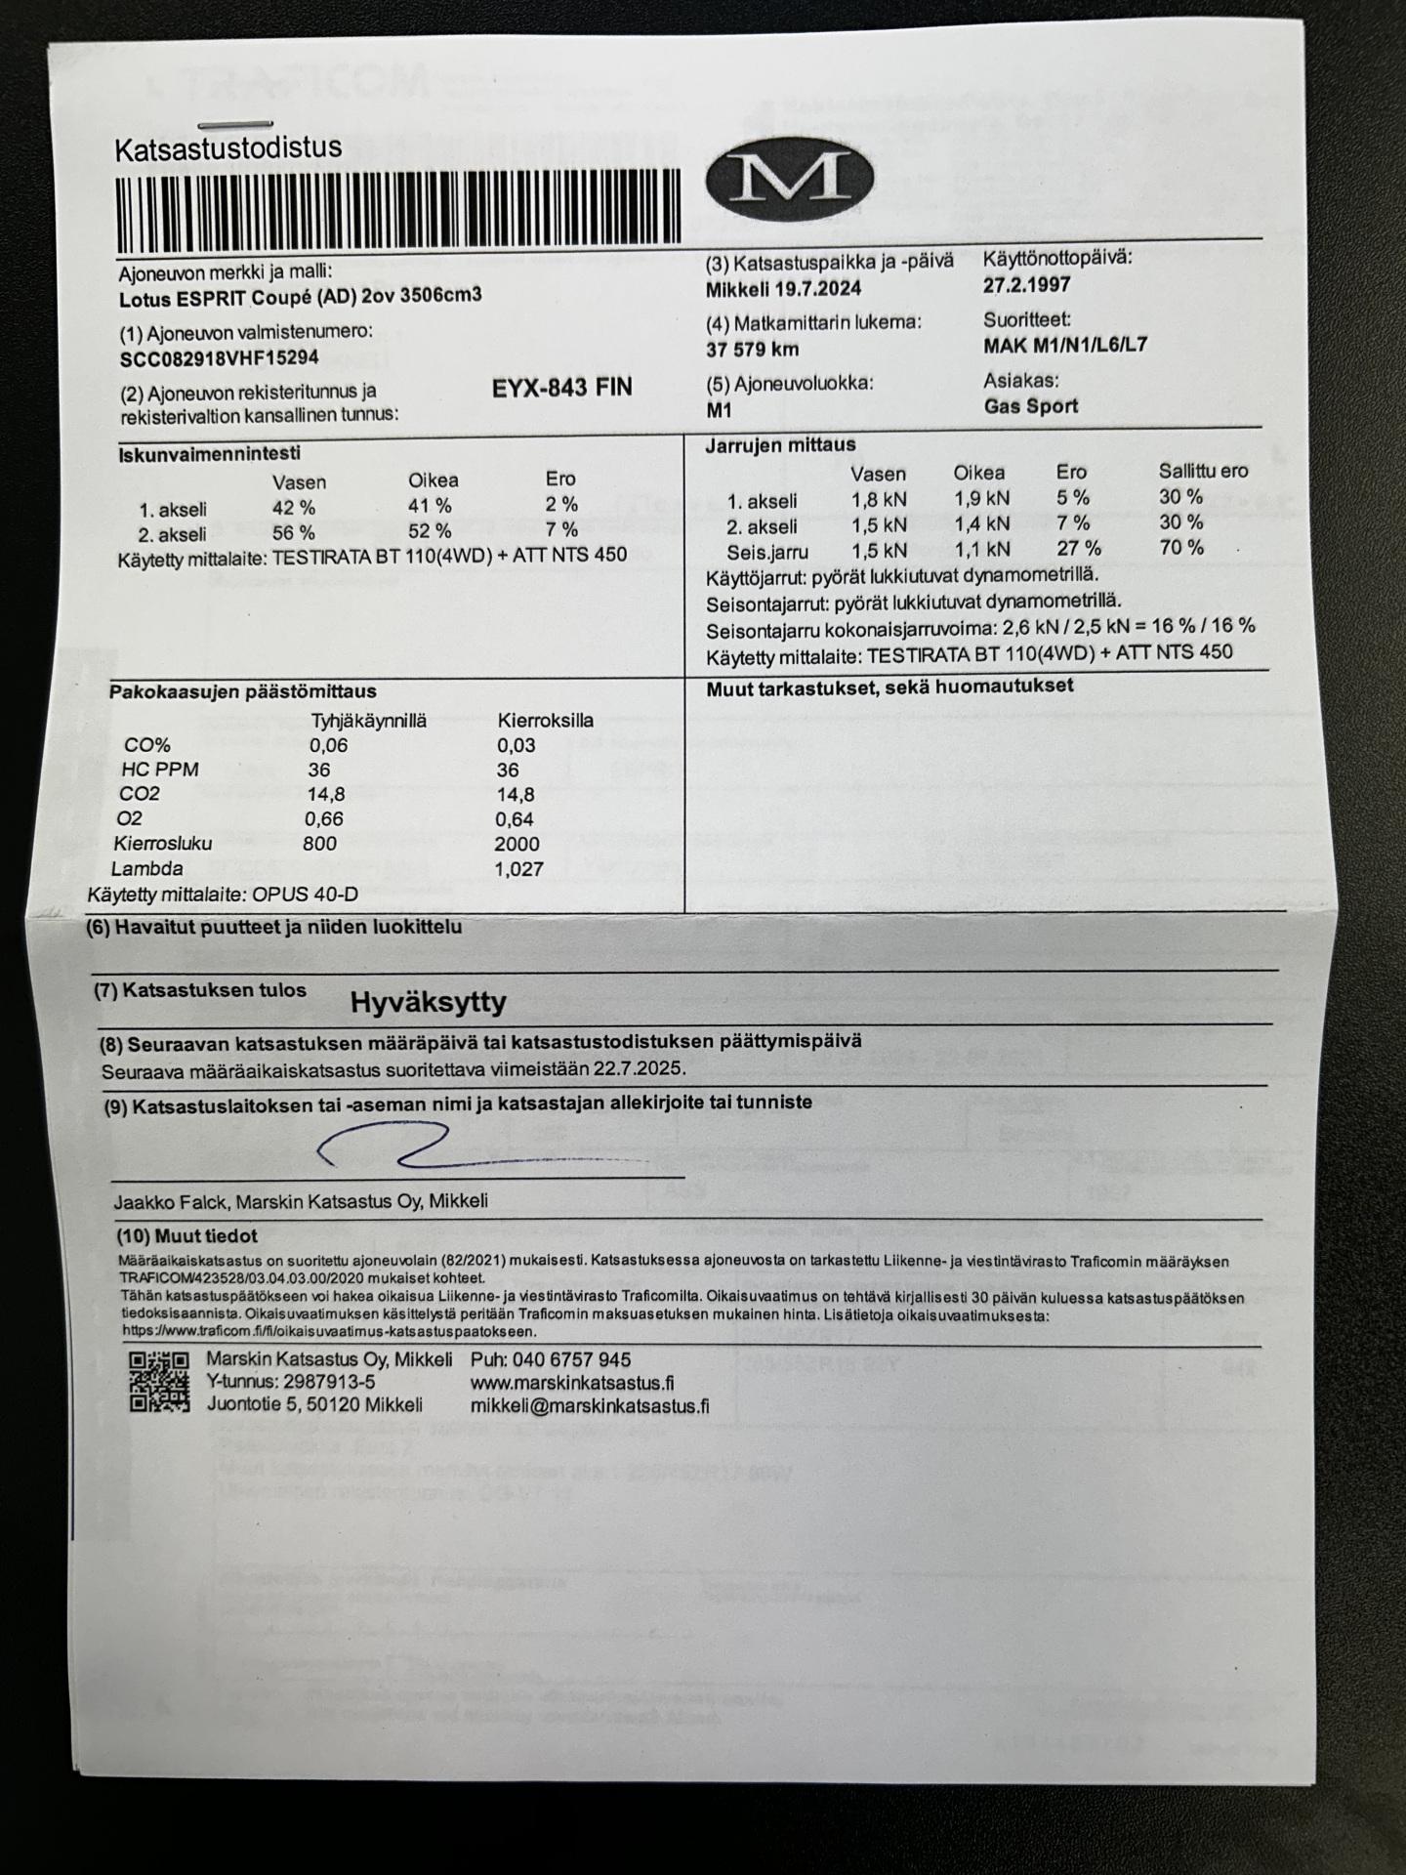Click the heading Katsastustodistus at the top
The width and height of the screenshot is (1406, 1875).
click(228, 148)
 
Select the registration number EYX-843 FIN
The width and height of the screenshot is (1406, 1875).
click(561, 388)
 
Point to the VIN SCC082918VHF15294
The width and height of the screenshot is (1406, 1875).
click(219, 358)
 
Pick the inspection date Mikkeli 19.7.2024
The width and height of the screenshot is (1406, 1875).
click(783, 290)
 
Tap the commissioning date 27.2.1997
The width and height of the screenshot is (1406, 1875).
click(1026, 285)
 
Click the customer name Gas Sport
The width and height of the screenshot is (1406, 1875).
click(1030, 406)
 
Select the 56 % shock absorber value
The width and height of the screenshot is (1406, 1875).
click(293, 533)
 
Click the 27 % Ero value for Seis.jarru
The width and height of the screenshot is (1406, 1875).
click(1078, 549)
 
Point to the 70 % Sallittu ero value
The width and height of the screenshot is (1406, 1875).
click(1180, 548)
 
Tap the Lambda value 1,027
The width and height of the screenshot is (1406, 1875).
click(518, 869)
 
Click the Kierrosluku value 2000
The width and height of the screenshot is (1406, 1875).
click(517, 844)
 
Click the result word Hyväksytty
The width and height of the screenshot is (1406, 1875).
click(428, 1002)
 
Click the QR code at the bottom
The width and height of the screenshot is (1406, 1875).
click(158, 1383)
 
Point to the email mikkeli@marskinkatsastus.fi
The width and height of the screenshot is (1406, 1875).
click(590, 1406)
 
